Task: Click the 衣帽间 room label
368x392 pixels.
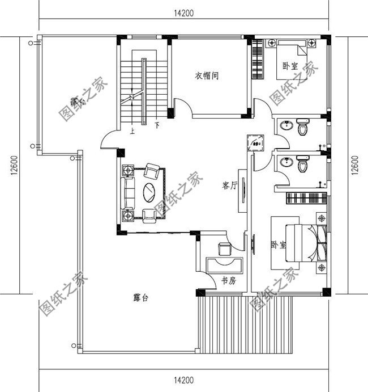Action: pyautogui.click(x=207, y=75)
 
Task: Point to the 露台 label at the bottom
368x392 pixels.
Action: pyautogui.click(x=140, y=298)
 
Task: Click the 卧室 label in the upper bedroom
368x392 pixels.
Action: pyautogui.click(x=291, y=66)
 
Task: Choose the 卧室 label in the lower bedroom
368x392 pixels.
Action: pyautogui.click(x=278, y=245)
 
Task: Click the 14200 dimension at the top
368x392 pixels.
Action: pyautogui.click(x=183, y=14)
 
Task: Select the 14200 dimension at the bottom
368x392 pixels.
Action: pyautogui.click(x=183, y=380)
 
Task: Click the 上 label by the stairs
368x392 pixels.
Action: pyautogui.click(x=132, y=130)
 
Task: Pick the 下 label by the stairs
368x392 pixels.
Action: pyautogui.click(x=156, y=124)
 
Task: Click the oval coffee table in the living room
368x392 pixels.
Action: pyautogui.click(x=149, y=191)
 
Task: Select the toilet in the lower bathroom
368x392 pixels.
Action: pyautogui.click(x=303, y=165)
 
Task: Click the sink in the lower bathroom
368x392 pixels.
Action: pyautogui.click(x=285, y=163)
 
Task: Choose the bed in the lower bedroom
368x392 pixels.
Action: pyautogui.click(x=302, y=243)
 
